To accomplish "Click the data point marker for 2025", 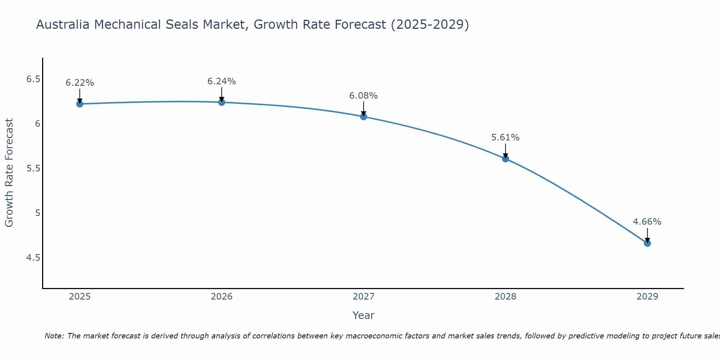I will [80, 104].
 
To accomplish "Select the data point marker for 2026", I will [221, 102].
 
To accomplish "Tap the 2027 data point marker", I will [364, 117].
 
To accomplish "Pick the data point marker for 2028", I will [505, 159].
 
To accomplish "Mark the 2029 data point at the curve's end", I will [647, 243].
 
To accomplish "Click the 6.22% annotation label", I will [80, 83].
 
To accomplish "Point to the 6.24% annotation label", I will [221, 81].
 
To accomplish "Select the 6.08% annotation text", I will [364, 96].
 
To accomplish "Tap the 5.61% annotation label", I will [505, 138].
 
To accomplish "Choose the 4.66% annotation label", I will [647, 222].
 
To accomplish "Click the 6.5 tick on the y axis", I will [33, 79].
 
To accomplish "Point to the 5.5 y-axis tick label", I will [33, 168].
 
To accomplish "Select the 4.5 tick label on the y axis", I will [33, 258].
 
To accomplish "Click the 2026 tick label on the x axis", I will [221, 297].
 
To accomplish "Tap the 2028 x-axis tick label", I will [505, 297].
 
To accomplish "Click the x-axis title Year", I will [364, 315].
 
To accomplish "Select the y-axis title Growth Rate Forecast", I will [9, 173].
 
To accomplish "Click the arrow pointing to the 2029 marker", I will [647, 235].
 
